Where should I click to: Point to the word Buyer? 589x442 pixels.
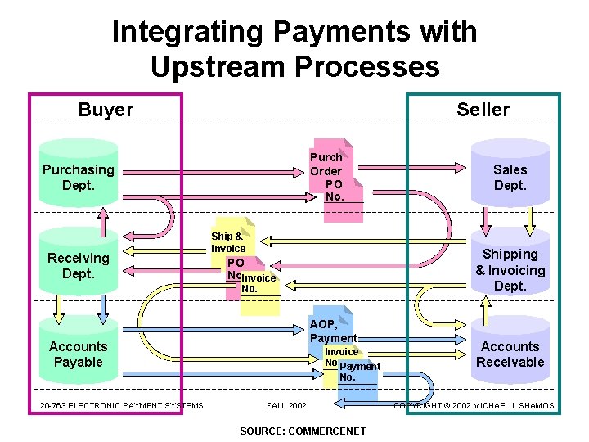pos(106,110)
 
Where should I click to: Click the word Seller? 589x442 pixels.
pos(483,110)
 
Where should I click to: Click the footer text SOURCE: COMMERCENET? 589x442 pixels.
pos(303,431)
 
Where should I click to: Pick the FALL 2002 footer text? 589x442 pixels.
pos(286,406)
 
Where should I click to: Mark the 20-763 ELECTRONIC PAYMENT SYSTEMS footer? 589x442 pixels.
pos(121,406)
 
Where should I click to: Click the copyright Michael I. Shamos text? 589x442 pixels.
pos(474,406)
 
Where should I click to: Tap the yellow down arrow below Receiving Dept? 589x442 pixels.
pos(58,306)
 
